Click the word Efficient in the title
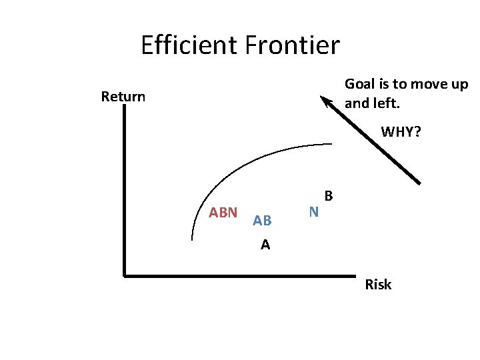(x=189, y=46)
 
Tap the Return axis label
(x=123, y=97)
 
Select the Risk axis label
(x=378, y=285)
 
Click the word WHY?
(x=401, y=132)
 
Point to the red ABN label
(x=223, y=213)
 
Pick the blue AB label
(x=262, y=221)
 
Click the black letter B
(x=328, y=196)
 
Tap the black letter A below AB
(x=265, y=245)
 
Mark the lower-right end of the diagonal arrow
(x=419, y=182)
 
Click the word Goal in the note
(x=358, y=85)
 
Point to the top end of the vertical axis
(x=125, y=108)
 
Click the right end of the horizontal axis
(x=354, y=275)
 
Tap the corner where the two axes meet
(x=125, y=274)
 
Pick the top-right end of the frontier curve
(x=331, y=143)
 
